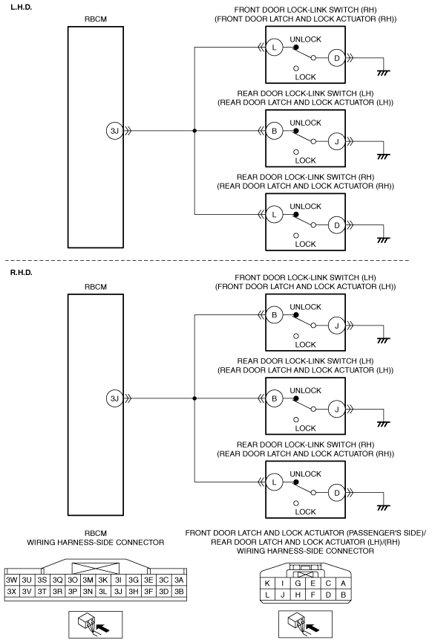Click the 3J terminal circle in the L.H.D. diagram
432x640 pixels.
[114, 131]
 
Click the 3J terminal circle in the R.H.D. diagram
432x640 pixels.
[114, 398]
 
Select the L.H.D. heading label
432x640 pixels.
[22, 7]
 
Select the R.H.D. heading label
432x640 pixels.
[22, 273]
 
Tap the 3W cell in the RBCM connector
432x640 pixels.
[12, 580]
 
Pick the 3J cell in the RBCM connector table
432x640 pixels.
[118, 591]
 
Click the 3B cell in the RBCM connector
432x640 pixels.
[178, 591]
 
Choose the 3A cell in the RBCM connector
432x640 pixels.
[178, 580]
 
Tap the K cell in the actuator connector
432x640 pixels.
[267, 584]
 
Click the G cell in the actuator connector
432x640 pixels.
[298, 584]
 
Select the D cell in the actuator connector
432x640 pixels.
[328, 595]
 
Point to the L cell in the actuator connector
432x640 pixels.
[267, 595]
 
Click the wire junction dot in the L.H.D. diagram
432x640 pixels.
[194, 131]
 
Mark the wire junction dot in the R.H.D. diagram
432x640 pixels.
[194, 398]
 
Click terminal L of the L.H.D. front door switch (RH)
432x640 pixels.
[275, 48]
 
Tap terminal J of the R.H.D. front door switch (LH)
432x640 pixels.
[337, 326]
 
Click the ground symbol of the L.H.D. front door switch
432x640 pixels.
[383, 73]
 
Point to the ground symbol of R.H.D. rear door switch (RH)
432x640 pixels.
[383, 508]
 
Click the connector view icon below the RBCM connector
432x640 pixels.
[95, 624]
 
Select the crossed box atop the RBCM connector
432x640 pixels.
[95, 568]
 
